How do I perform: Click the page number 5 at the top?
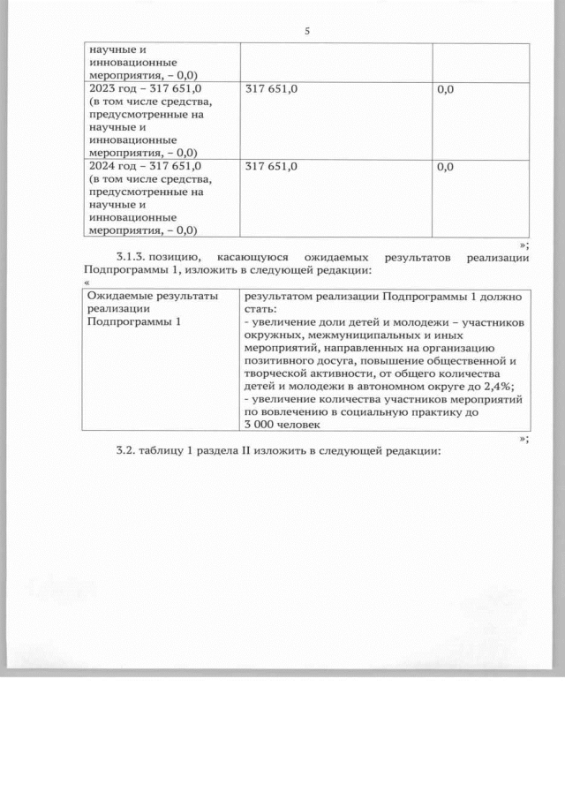pos(306,32)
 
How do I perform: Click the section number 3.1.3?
pos(132,257)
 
